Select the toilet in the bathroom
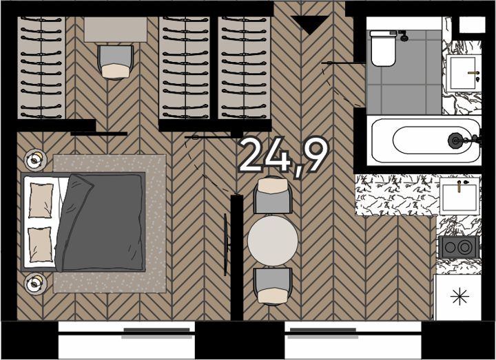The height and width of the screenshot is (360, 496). [383, 48]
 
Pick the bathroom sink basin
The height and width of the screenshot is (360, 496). [463, 73]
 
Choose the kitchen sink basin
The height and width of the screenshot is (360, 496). [459, 195]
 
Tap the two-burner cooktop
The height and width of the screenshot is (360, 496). [458, 246]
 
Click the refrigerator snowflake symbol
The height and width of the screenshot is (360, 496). [459, 297]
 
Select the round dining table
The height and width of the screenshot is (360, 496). [273, 241]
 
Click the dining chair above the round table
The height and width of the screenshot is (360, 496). [273, 195]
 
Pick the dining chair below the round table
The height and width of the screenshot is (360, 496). [273, 286]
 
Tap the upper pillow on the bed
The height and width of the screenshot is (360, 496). [41, 200]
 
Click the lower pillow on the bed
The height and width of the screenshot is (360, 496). [40, 244]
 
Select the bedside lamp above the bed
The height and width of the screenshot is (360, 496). [35, 160]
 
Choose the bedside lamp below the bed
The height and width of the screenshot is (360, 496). [35, 284]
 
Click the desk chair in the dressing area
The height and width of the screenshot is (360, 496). [116, 62]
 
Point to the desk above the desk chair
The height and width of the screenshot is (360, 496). [116, 30]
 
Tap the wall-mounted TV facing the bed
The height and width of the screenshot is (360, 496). [226, 244]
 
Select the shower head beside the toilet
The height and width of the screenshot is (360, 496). [403, 36]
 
